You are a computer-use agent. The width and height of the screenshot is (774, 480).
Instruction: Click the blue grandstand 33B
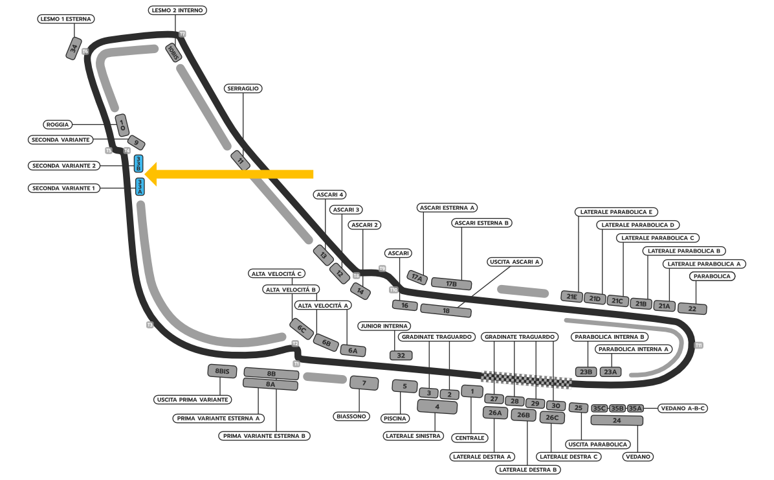point(138,164)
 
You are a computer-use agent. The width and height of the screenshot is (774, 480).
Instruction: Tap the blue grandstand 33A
point(140,187)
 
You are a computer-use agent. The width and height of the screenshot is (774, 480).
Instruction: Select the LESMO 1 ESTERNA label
point(66,19)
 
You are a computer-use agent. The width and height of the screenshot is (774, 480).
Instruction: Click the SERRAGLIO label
point(243,88)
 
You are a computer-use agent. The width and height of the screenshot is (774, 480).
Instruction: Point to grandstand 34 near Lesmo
point(75,49)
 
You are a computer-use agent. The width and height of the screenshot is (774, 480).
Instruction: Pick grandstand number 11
point(241,160)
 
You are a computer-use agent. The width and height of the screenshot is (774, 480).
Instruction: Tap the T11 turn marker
point(698,345)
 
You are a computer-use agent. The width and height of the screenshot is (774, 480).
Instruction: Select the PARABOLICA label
point(712,276)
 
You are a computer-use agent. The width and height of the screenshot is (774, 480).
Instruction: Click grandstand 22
point(692,309)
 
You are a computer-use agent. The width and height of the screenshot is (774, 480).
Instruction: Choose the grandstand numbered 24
point(617,420)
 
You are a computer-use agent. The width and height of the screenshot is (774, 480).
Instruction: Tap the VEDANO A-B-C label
point(683,408)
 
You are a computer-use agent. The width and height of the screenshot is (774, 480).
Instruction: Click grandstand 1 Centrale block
point(472,391)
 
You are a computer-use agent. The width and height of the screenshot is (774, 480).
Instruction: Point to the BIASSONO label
point(351,416)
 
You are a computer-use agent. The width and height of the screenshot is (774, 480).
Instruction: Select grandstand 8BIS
point(223,371)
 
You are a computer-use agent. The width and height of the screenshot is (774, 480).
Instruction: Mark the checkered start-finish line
point(525,380)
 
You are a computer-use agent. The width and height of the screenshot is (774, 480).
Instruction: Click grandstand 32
point(401,355)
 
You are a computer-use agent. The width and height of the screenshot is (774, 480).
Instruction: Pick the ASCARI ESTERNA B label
point(481,223)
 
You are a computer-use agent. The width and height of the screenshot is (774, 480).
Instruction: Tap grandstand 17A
point(417,277)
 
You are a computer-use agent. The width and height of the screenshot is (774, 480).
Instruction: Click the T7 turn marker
point(182,34)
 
